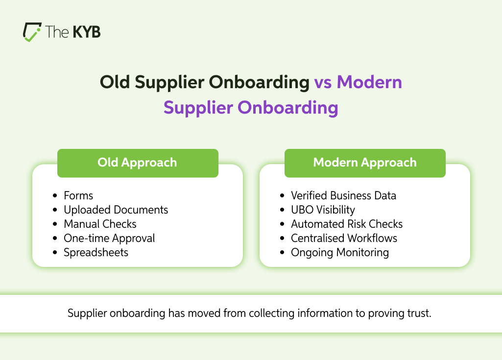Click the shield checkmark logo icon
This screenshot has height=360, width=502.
click(x=32, y=32)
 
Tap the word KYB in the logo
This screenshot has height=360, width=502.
click(x=87, y=32)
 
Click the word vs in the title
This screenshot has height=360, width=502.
click(x=323, y=82)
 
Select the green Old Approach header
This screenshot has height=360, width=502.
click(x=138, y=163)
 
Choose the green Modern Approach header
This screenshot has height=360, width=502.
click(x=365, y=163)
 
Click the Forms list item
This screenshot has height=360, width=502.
click(x=78, y=195)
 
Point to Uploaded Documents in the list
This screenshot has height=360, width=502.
click(x=116, y=210)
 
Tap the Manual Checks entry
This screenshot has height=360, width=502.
click(x=100, y=224)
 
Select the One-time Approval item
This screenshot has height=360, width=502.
click(x=109, y=239)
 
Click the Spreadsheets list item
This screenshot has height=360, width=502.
click(x=96, y=252)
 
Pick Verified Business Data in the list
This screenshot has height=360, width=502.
click(x=343, y=195)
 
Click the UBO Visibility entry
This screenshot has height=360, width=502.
click(x=323, y=210)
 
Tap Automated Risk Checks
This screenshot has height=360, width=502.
click(x=347, y=224)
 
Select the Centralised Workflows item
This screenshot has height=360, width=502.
click(x=344, y=239)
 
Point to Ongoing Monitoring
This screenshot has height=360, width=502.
click(x=340, y=252)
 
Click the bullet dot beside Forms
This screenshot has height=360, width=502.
click(x=55, y=196)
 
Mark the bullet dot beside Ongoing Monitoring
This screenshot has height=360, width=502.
click(x=282, y=252)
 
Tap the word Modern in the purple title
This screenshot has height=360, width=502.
click(x=369, y=82)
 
